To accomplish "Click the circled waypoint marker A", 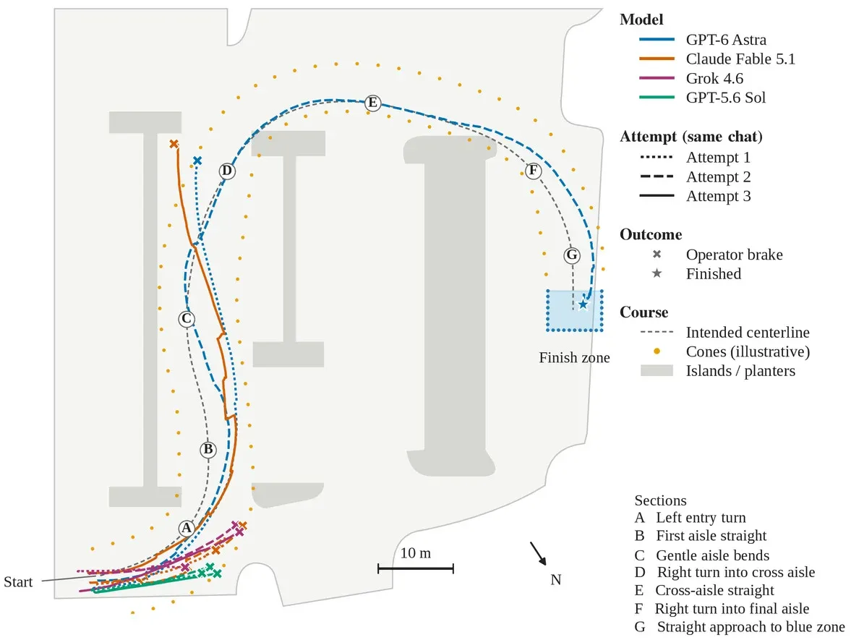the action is point(187,528).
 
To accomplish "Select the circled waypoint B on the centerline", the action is point(208,450).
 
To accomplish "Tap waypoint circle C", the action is point(187,319).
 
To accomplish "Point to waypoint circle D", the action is point(227,171).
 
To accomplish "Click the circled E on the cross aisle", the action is point(372,103).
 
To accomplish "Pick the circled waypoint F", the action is point(534,171).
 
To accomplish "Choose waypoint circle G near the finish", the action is point(571,255).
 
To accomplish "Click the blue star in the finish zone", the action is point(583,304).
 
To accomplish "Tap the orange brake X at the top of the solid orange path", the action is point(174,144).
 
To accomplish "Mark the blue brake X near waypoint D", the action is point(197,161).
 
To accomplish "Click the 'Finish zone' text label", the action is point(574,358).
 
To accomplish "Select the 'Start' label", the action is point(19,582).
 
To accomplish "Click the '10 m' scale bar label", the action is point(416,553).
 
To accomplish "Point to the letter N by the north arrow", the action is point(556,580).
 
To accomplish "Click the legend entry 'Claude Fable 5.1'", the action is point(740,59).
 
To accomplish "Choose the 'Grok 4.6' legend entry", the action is point(714,78).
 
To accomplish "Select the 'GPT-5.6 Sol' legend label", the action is point(726,98).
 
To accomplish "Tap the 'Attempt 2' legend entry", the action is point(719,177).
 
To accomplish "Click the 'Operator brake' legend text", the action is point(735,255).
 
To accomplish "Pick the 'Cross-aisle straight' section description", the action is point(715,590).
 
